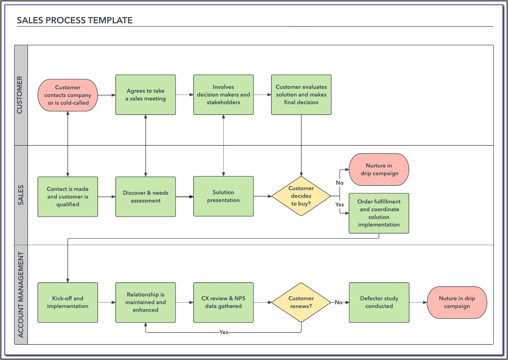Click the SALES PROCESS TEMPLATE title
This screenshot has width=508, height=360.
point(75,20)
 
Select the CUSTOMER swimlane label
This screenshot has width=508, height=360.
point(20,95)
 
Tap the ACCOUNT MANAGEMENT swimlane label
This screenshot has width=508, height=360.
point(21,294)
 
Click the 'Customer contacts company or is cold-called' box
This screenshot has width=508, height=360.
point(68,95)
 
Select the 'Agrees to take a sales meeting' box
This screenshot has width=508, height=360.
point(145,95)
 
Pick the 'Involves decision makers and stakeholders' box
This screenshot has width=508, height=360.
point(223,95)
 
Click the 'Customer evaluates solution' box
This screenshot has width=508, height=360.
point(301,95)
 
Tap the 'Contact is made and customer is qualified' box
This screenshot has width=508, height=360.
point(68,197)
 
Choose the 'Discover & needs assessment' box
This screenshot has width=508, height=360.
point(145,197)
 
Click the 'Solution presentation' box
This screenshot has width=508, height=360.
point(223,196)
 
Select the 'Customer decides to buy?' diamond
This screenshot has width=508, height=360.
point(301,196)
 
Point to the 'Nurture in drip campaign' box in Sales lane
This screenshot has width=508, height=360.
point(379,169)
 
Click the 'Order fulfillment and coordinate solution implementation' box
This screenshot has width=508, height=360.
point(379,213)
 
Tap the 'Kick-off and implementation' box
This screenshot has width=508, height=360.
point(68,302)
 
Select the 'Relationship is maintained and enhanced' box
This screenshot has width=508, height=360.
point(145,302)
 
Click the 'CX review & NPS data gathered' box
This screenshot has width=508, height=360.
point(223,302)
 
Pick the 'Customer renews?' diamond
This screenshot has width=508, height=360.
point(301,302)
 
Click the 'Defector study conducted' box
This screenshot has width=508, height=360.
point(379,302)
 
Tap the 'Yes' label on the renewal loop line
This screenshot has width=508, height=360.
point(224,332)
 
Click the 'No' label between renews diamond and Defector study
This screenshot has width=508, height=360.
point(339,302)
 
